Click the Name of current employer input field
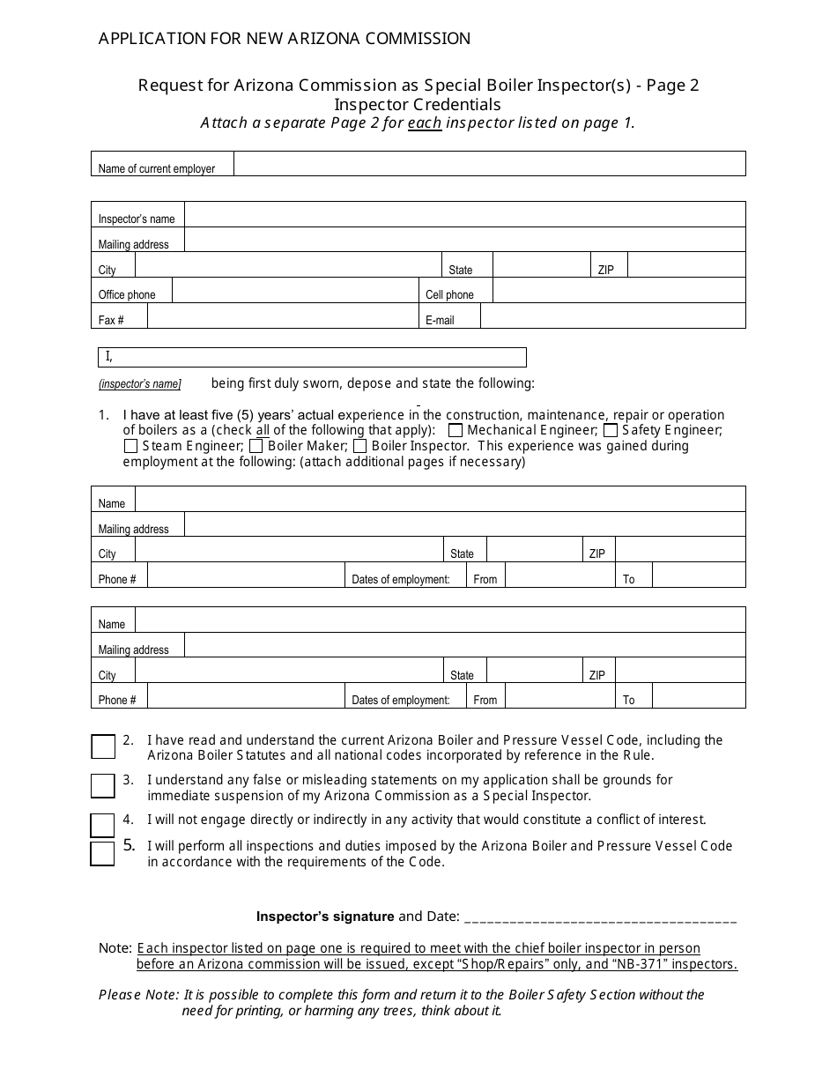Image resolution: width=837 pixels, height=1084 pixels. pos(489,164)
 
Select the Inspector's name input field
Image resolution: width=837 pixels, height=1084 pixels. pos(464,214)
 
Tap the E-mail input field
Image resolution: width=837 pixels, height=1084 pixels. pos(612,316)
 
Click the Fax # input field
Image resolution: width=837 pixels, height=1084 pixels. pos(282,316)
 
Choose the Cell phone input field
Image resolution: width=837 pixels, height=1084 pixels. pos(618,291)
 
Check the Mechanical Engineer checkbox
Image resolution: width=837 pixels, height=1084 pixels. pos(456,430)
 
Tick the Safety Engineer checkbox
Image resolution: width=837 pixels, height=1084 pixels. pos(611,430)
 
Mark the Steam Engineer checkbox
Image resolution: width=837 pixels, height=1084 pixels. pos(130,446)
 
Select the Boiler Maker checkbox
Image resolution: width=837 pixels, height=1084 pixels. pos(256,446)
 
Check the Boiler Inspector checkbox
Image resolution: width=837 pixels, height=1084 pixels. pos(359,446)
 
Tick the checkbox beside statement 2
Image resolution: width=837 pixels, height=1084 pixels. pos(103,746)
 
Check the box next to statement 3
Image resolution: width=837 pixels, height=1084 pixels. pos(103,785)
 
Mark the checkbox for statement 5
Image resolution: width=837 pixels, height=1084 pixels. pos(102,853)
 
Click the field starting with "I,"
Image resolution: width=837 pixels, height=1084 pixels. pos(312,357)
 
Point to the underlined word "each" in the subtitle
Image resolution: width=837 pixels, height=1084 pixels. pos(425,123)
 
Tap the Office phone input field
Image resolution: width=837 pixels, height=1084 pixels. pos(294,291)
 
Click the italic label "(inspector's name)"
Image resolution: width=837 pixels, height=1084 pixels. pos(139,384)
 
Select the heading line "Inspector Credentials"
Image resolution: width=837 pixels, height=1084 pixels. pos(418,104)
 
